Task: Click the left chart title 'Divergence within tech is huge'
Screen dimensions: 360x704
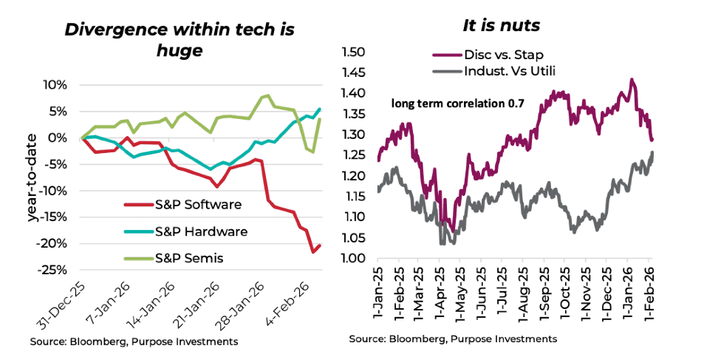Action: coord(180,40)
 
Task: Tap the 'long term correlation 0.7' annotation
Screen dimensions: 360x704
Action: coord(458,105)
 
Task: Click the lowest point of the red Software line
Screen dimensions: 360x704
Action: coord(313,252)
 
